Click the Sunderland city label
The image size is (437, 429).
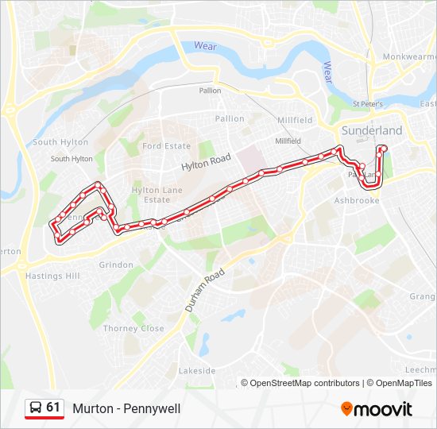(x=371, y=130)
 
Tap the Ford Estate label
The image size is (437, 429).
(x=167, y=146)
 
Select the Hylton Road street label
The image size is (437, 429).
(x=206, y=162)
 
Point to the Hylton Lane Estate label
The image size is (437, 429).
(x=157, y=195)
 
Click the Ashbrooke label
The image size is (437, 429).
(x=360, y=201)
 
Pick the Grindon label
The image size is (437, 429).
(x=116, y=265)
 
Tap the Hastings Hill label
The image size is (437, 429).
(x=52, y=276)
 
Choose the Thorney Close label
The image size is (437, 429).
(x=133, y=328)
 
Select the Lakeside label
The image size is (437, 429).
(x=197, y=371)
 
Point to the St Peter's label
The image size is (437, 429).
(x=367, y=104)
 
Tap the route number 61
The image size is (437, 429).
(x=53, y=408)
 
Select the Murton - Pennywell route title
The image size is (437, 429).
(x=126, y=409)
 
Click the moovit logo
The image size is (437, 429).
(x=377, y=409)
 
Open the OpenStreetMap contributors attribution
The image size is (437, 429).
(x=304, y=383)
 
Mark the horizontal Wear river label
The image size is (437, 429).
(x=205, y=47)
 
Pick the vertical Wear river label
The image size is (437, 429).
(x=327, y=72)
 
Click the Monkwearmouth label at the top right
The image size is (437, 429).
(x=409, y=57)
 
